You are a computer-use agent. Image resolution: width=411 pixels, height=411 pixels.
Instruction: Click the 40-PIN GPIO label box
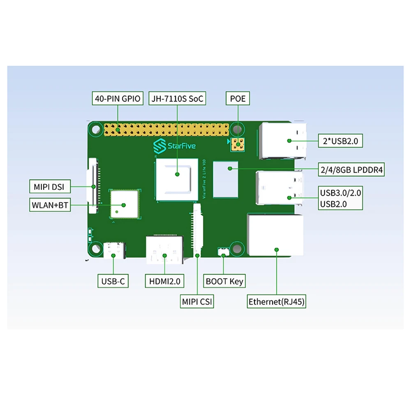118,98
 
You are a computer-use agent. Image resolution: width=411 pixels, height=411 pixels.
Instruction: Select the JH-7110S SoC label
177,98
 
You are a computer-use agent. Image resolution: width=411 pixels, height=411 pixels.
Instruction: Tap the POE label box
238,98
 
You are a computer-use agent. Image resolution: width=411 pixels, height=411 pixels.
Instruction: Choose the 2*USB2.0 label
340,141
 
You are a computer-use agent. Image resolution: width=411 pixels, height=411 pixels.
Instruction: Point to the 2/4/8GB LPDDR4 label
351,170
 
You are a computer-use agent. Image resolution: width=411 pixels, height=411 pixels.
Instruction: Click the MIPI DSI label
50,186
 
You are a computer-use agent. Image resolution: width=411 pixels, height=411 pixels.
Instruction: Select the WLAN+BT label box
50,205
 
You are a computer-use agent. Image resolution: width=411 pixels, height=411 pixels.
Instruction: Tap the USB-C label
113,281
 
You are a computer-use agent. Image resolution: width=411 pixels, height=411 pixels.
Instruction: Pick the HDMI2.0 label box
165,281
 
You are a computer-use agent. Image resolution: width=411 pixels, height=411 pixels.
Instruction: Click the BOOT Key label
224,281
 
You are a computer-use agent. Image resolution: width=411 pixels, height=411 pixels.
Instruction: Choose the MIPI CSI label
197,301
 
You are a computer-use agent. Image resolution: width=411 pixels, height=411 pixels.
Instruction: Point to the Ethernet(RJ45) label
277,301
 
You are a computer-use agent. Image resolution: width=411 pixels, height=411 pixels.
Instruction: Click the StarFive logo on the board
175,146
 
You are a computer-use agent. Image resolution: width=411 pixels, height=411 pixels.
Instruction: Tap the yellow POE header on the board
238,145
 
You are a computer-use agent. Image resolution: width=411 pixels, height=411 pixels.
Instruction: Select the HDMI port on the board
165,249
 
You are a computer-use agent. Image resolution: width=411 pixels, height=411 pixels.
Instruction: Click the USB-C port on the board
115,250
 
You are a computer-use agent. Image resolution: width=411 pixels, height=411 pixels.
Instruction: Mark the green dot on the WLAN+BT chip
123,205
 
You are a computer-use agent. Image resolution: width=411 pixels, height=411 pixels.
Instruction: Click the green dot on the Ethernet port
277,249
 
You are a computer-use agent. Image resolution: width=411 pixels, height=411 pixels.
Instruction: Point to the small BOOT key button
223,252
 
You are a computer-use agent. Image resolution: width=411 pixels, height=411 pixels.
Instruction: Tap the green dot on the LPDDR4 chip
230,169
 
